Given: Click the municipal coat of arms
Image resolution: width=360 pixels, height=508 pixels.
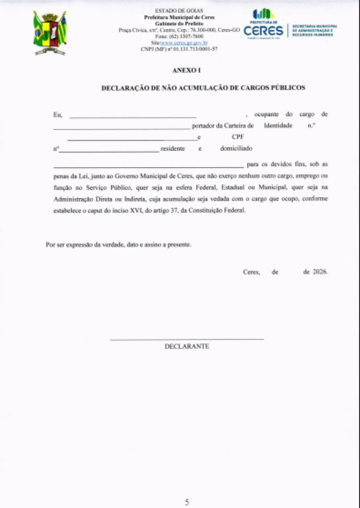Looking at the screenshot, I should (x=49, y=33).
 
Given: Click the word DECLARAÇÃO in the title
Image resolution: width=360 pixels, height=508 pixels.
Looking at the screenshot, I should (x=125, y=88).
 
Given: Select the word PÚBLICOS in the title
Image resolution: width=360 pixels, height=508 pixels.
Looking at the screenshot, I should (x=288, y=88).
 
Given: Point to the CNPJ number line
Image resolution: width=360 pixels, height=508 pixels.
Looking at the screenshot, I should (x=179, y=49).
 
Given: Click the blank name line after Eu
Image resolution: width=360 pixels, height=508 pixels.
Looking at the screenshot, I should (x=133, y=117).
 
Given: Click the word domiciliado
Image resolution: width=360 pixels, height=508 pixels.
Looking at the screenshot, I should (x=236, y=149).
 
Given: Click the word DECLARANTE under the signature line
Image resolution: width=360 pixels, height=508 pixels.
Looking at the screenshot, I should (x=187, y=346).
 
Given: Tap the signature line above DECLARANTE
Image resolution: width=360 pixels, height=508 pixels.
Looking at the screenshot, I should (x=187, y=339).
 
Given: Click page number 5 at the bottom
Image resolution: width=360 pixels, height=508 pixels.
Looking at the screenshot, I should (x=187, y=502).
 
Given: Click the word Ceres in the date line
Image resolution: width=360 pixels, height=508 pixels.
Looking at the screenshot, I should (x=251, y=272).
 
